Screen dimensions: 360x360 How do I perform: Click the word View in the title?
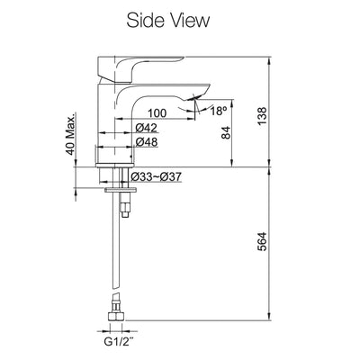click(189, 21)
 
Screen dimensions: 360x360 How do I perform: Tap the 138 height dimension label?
click(262, 116)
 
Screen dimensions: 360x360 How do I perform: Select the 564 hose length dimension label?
click(262, 241)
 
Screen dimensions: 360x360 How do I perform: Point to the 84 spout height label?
click(226, 132)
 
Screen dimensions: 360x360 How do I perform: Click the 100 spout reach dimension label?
click(157, 113)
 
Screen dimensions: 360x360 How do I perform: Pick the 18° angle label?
click(218, 111)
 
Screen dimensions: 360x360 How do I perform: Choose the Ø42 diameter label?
click(147, 128)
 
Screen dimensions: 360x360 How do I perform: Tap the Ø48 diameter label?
click(147, 142)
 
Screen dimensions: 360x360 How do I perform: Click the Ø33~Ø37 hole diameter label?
click(156, 176)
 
